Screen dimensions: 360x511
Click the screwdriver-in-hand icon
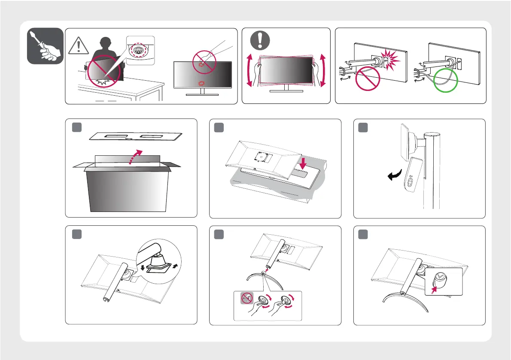tap(45, 46)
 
